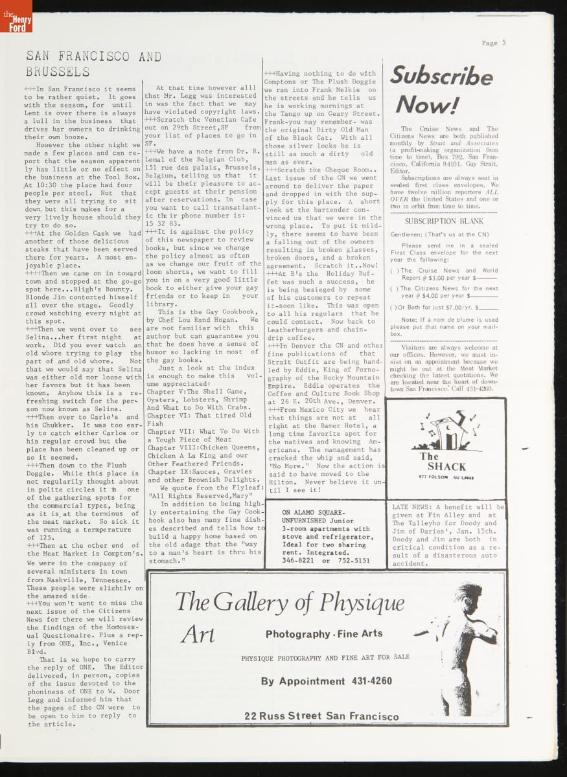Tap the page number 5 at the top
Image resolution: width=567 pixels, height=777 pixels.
click(503, 43)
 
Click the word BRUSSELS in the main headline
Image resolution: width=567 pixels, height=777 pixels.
click(57, 72)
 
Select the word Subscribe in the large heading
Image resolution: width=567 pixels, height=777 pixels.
click(441, 76)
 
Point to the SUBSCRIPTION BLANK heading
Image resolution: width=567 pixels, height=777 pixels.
click(444, 221)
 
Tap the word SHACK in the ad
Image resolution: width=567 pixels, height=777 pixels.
click(446, 466)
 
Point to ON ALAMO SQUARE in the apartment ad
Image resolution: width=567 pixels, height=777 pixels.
click(314, 512)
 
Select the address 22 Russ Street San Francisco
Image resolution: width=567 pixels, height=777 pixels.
click(321, 716)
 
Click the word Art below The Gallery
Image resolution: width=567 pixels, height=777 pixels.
click(198, 635)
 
